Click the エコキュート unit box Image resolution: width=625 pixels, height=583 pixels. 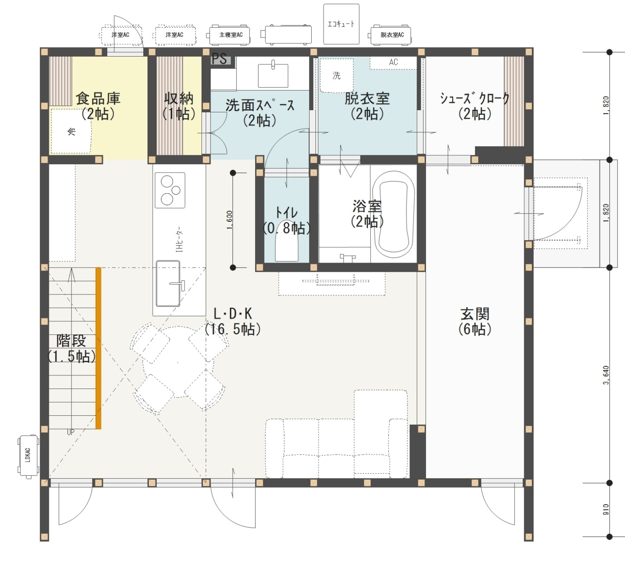341,24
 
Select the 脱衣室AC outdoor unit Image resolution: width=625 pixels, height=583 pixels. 390,34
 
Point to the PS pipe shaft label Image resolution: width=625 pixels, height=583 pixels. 219,59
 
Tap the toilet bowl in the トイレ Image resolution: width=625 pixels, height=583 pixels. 287,247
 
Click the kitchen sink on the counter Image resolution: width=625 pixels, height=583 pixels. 168,283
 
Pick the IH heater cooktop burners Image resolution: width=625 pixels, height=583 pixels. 170,190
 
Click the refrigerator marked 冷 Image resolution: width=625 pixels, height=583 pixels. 71,131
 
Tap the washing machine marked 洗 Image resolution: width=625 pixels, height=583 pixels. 336,76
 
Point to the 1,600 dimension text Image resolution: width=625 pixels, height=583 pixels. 230,220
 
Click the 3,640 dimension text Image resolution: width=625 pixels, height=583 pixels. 606,375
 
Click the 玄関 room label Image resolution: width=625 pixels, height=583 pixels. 475,314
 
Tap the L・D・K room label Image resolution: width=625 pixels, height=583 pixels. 233,314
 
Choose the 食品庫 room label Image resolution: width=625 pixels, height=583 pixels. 98,99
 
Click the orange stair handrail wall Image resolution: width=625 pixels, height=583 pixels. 99,348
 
